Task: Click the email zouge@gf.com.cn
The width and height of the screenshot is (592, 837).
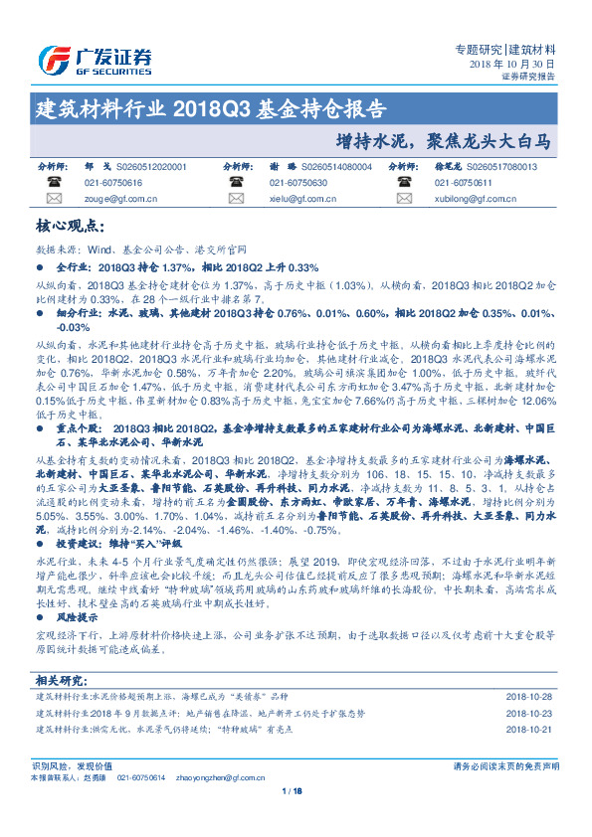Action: click(115, 199)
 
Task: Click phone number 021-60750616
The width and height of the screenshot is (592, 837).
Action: click(114, 183)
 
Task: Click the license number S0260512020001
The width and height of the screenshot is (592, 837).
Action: click(151, 167)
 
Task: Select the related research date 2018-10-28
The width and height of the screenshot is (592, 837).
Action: click(528, 696)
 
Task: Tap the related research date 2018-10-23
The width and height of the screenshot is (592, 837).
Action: click(528, 713)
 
